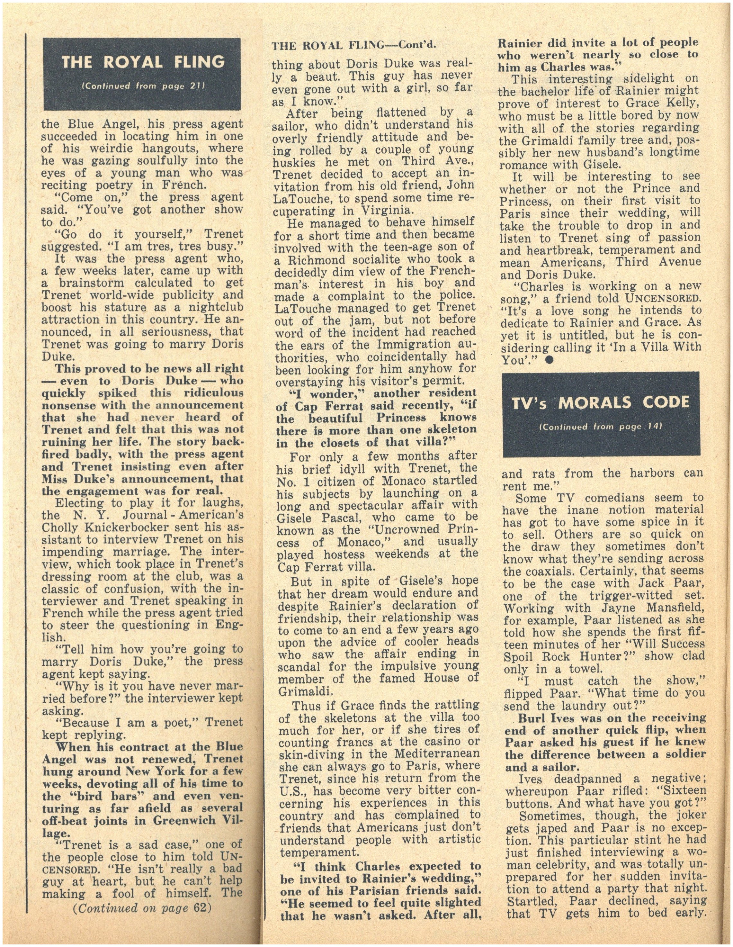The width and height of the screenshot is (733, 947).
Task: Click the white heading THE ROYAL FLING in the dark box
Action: tap(143, 62)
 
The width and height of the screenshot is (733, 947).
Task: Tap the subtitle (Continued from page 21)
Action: tap(143, 86)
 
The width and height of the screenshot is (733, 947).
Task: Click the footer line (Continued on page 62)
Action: tap(142, 908)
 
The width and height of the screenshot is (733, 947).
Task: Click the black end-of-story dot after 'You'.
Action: tap(548, 361)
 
